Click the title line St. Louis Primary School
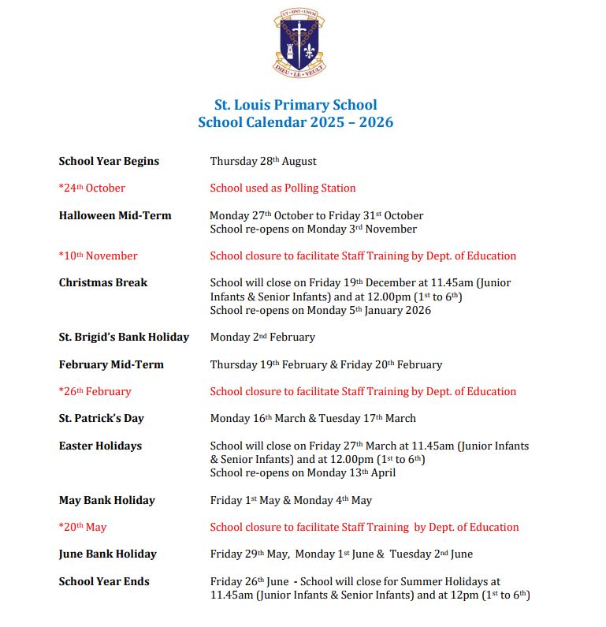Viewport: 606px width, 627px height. click(296, 105)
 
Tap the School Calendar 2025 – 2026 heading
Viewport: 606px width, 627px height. click(296, 122)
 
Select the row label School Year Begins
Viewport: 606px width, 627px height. click(109, 161)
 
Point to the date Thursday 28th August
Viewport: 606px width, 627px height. click(263, 161)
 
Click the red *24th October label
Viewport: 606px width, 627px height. click(92, 188)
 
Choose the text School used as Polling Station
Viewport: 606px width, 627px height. click(283, 188)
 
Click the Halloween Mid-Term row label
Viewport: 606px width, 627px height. click(115, 215)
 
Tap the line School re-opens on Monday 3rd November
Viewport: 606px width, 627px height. click(313, 229)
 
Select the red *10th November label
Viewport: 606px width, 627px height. click(99, 256)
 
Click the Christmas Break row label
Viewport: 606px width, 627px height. click(103, 282)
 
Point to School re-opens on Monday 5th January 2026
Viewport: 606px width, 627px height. click(321, 310)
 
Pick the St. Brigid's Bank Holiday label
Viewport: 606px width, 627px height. click(124, 337)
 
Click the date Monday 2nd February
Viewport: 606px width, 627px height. click(262, 337)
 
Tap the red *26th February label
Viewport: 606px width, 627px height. click(95, 391)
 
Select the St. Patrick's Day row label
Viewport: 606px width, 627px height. click(102, 418)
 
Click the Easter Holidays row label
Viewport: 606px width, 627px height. click(100, 446)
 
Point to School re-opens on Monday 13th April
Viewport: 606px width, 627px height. click(303, 472)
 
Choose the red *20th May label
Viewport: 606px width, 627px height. click(83, 527)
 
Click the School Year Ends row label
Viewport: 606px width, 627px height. click(104, 581)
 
